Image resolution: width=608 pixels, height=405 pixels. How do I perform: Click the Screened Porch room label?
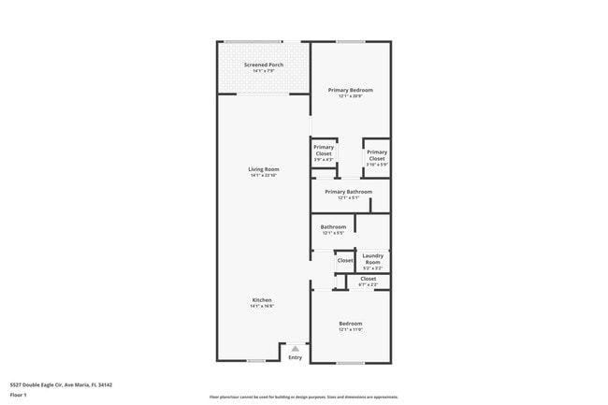coord(264,65)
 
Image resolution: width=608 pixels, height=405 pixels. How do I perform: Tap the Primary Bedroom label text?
coord(350,90)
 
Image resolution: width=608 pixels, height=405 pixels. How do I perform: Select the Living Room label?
coord(264,169)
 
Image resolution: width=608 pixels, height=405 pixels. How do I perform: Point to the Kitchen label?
coord(261,299)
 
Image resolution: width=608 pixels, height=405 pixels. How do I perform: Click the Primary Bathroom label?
coord(348,192)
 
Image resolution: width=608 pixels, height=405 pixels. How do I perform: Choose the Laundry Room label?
coord(372,258)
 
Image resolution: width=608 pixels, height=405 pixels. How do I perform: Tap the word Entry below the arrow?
coord(295,357)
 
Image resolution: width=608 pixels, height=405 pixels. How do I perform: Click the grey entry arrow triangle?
coord(295,348)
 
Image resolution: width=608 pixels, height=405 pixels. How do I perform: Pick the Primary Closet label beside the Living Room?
coord(324,150)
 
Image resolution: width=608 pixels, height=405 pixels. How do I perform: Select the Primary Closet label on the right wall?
coord(377,155)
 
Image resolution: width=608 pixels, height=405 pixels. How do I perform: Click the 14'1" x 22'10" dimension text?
coord(264,176)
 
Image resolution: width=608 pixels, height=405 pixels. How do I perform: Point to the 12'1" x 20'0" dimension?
coord(350,96)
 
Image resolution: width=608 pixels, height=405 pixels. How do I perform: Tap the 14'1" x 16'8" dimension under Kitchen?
coord(261,306)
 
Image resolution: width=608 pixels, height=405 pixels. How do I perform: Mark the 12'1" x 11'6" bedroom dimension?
coord(350,329)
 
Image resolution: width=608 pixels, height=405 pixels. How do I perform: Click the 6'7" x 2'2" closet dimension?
coord(368,284)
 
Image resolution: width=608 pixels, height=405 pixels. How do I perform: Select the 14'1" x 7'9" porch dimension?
coord(264,71)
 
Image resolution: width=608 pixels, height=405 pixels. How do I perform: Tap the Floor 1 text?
coord(18,395)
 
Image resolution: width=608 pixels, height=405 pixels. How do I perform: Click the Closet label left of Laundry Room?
coord(345,260)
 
